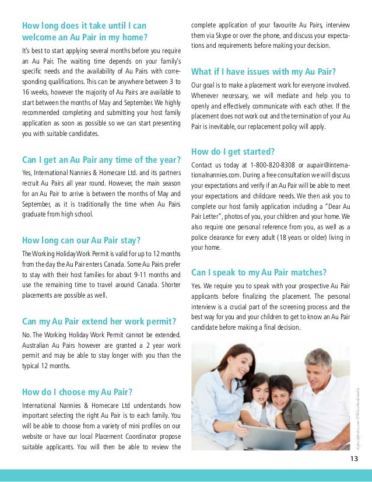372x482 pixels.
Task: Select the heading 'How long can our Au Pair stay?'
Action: [82, 240]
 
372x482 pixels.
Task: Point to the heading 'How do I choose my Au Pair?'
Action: [77, 391]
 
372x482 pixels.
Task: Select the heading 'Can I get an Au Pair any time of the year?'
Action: [97, 160]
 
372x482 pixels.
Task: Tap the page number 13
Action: [354, 457]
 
